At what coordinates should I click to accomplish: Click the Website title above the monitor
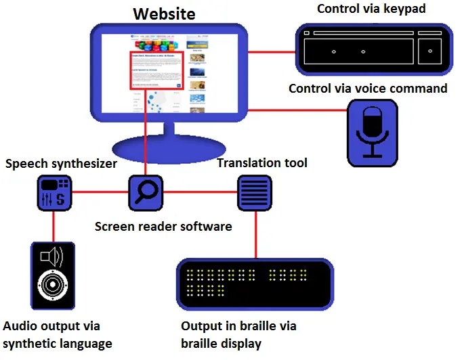[165, 13]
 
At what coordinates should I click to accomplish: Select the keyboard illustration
[373, 50]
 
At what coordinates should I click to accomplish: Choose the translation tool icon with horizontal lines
[254, 192]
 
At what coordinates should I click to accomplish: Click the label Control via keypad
[375, 9]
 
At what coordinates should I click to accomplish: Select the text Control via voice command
[368, 89]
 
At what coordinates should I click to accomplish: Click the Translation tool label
[262, 162]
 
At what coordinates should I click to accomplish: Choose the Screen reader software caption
[163, 226]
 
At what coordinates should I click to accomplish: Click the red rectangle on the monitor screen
[156, 70]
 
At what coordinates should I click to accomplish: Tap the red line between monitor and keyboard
[271, 49]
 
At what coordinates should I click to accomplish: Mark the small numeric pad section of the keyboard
[431, 50]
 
